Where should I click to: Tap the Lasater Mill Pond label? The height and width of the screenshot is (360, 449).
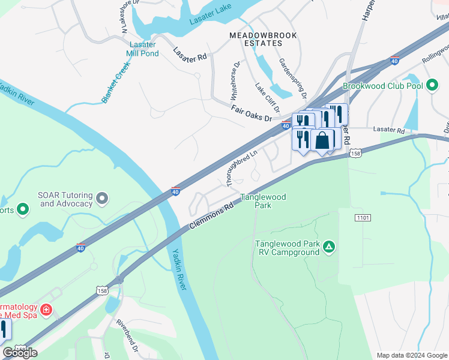[x=142, y=49]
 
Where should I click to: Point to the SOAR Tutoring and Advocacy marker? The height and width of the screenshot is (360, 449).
[x=103, y=197]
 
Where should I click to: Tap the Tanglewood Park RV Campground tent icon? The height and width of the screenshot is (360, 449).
[x=328, y=247]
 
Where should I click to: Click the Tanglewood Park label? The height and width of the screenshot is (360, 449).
[x=263, y=201]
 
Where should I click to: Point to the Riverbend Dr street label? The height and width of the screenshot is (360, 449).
[x=127, y=340]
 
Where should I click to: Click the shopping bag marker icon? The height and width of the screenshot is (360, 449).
[x=322, y=140]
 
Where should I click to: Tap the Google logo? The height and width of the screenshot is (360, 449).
[x=20, y=353]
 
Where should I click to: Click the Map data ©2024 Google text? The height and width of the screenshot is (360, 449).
[x=411, y=355]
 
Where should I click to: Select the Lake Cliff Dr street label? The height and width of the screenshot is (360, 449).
[x=268, y=98]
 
